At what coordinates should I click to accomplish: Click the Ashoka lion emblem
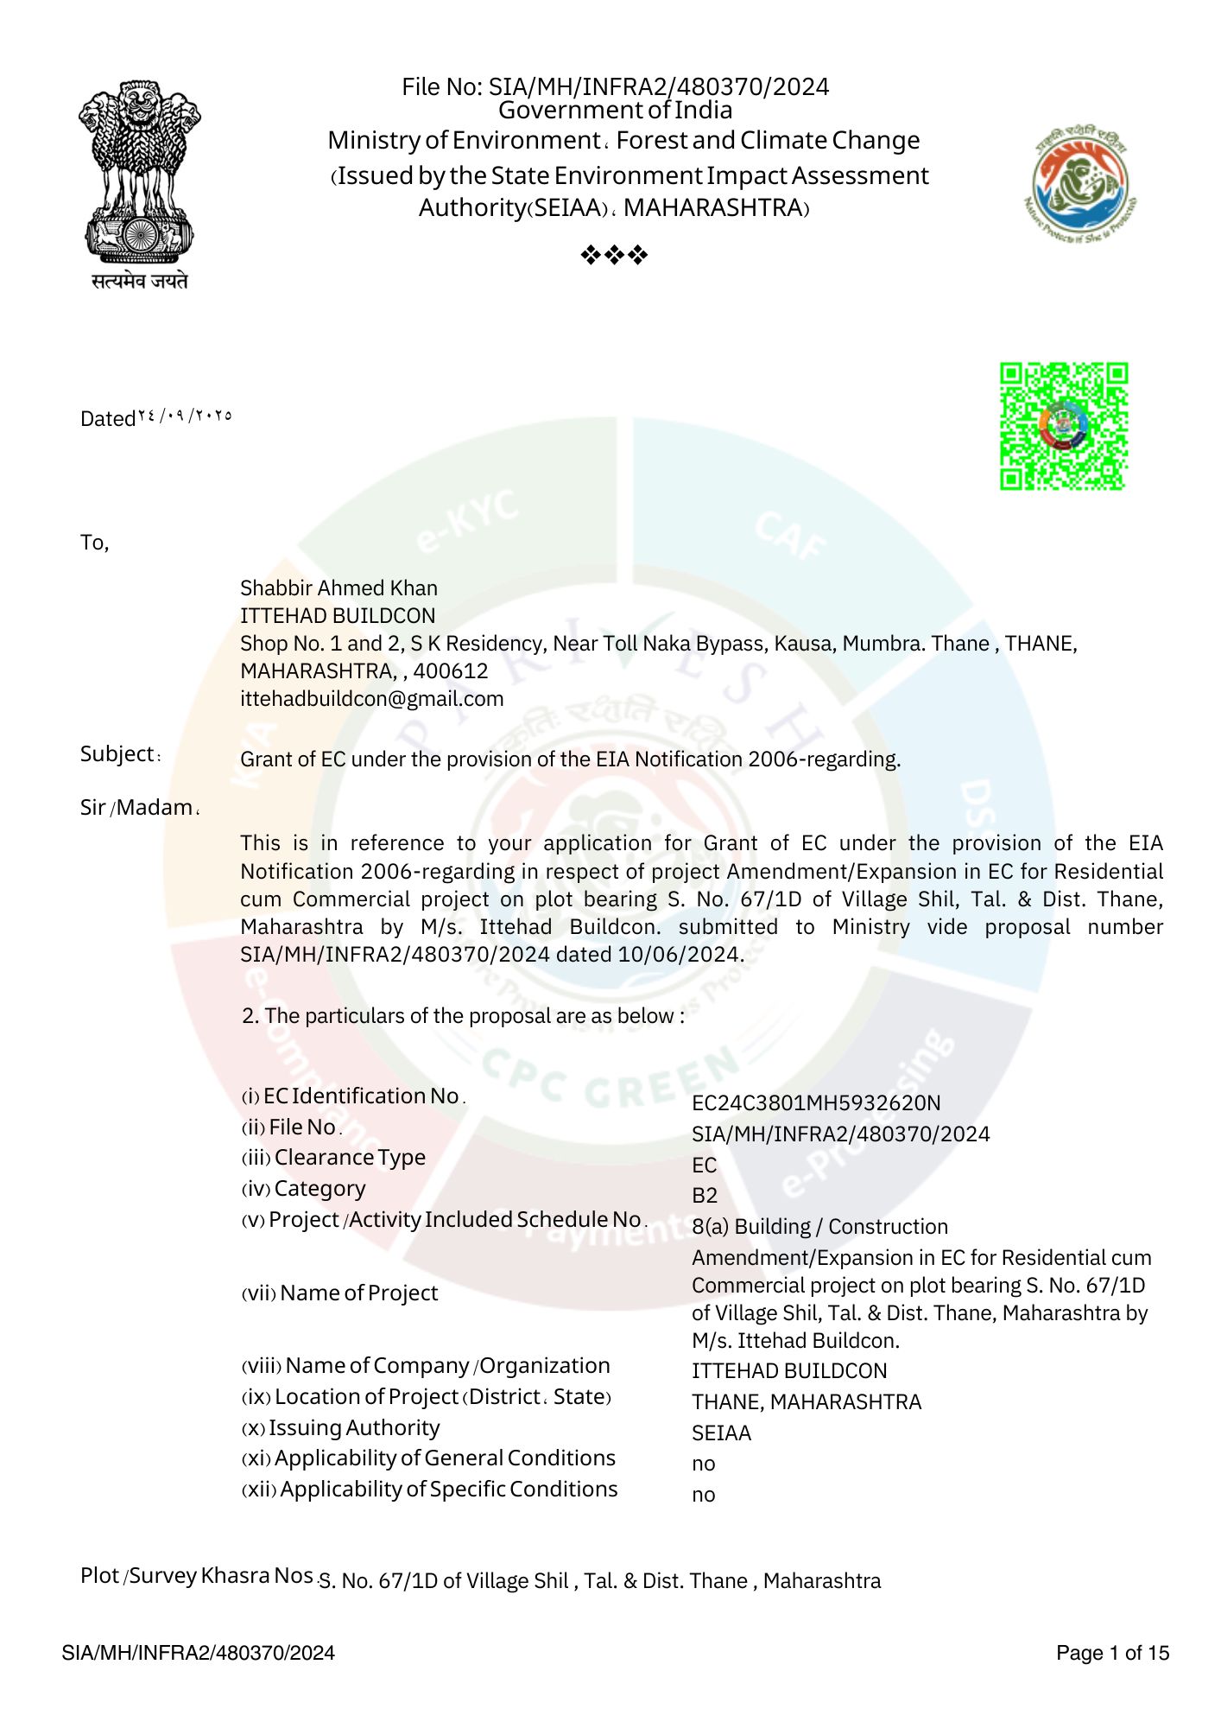tap(139, 173)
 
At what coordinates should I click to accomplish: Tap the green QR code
tap(1064, 426)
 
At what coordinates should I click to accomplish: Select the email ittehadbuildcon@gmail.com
tap(371, 699)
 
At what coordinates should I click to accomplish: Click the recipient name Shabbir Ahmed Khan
tap(338, 588)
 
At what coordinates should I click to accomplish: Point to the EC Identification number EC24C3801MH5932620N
tap(816, 1103)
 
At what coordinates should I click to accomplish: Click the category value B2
tap(705, 1196)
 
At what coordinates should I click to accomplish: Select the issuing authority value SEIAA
tap(721, 1433)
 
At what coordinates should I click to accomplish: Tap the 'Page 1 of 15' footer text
tap(1112, 1654)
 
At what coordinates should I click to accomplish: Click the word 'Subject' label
tap(117, 754)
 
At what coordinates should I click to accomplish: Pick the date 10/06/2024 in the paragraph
tap(678, 955)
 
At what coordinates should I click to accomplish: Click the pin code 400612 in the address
tap(451, 671)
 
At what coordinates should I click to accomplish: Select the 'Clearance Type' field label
tap(350, 1158)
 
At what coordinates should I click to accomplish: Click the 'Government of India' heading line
tap(615, 111)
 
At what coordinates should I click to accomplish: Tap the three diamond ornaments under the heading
tap(614, 255)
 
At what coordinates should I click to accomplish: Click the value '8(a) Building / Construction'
tap(819, 1227)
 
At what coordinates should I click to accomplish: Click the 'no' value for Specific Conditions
tap(703, 1496)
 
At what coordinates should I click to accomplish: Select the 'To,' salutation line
tap(94, 543)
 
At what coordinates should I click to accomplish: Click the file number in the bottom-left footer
tap(198, 1654)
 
